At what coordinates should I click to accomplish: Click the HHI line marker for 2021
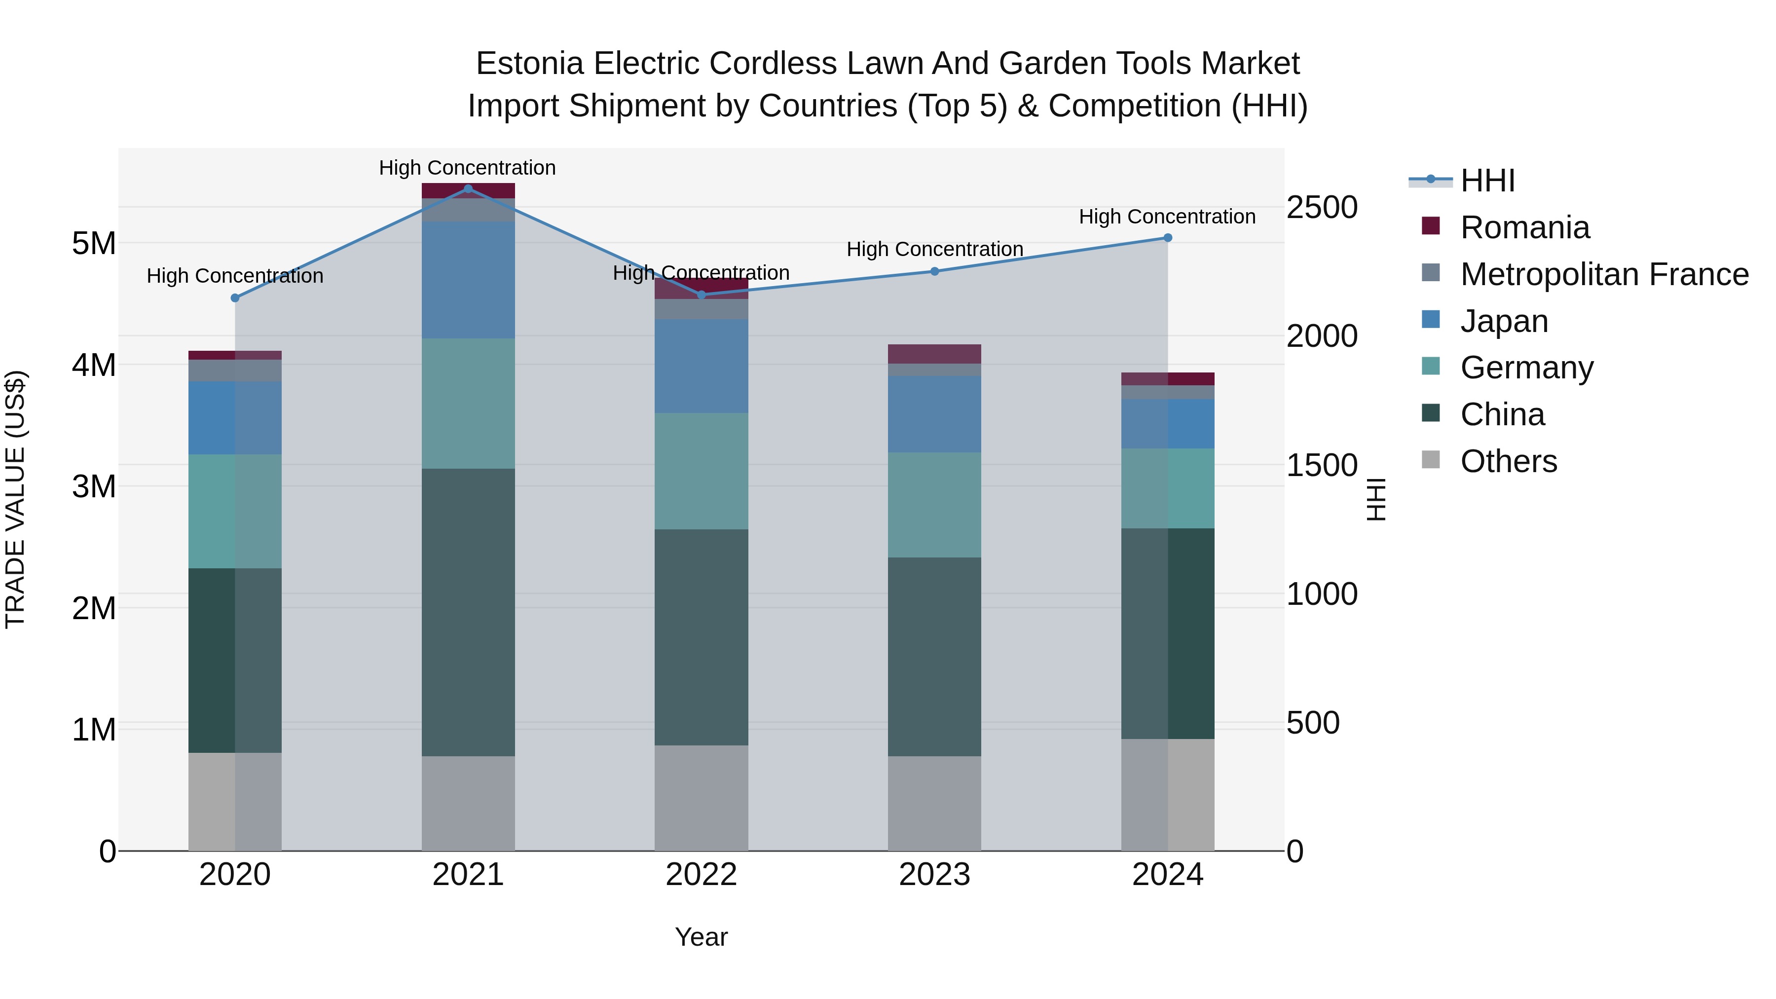[x=468, y=189]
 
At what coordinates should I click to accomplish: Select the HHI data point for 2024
[x=1167, y=238]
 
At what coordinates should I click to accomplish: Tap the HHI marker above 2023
[x=934, y=272]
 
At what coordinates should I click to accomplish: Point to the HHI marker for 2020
[x=235, y=298]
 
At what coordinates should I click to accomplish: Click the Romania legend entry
[x=1524, y=227]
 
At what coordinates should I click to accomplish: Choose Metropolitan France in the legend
[x=1604, y=274]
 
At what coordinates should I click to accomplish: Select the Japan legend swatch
[x=1431, y=320]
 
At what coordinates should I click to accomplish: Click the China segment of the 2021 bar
[x=468, y=612]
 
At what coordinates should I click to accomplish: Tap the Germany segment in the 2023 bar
[x=934, y=505]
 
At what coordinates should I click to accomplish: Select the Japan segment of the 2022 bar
[x=701, y=366]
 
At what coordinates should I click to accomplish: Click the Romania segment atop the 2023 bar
[x=934, y=354]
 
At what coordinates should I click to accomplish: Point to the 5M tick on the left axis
[x=94, y=243]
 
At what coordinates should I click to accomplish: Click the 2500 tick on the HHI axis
[x=1322, y=208]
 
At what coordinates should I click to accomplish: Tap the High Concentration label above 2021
[x=468, y=168]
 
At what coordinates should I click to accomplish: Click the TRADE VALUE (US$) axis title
[x=15, y=499]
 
